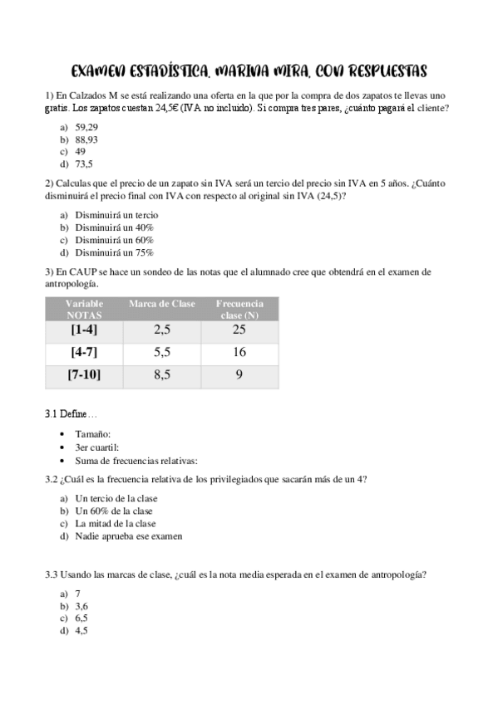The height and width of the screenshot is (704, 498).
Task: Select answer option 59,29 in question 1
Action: [x=86, y=126]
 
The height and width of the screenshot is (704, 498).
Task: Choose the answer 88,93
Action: [x=86, y=139]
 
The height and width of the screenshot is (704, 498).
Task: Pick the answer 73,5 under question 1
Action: [x=84, y=164]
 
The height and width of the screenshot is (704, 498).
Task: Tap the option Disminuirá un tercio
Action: [x=116, y=214]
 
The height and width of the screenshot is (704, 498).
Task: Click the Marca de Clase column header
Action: [x=162, y=304]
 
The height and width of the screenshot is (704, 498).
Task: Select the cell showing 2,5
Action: [x=162, y=330]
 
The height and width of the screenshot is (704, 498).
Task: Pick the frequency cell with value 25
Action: [x=239, y=330]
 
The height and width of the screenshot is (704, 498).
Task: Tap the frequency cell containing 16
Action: [x=239, y=352]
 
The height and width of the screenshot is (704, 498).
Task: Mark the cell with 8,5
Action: [x=162, y=374]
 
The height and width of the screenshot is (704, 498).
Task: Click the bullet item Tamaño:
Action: [x=92, y=433]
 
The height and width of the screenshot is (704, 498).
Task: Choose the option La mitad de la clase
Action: [x=115, y=523]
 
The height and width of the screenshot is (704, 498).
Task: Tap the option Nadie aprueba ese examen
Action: [x=129, y=535]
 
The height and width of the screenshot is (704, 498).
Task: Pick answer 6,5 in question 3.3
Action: [x=81, y=618]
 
